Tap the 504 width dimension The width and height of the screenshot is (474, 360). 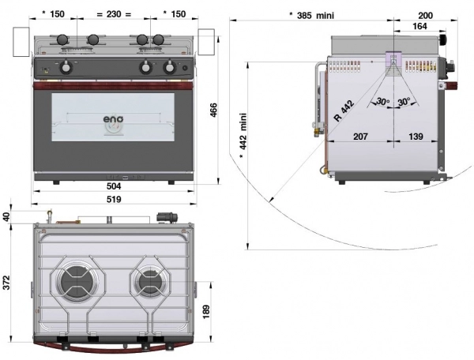115,186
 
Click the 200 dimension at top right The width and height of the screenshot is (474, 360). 425,14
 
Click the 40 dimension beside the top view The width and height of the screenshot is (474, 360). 7,216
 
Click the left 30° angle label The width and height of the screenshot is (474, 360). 382,102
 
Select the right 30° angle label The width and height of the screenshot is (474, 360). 404,102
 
